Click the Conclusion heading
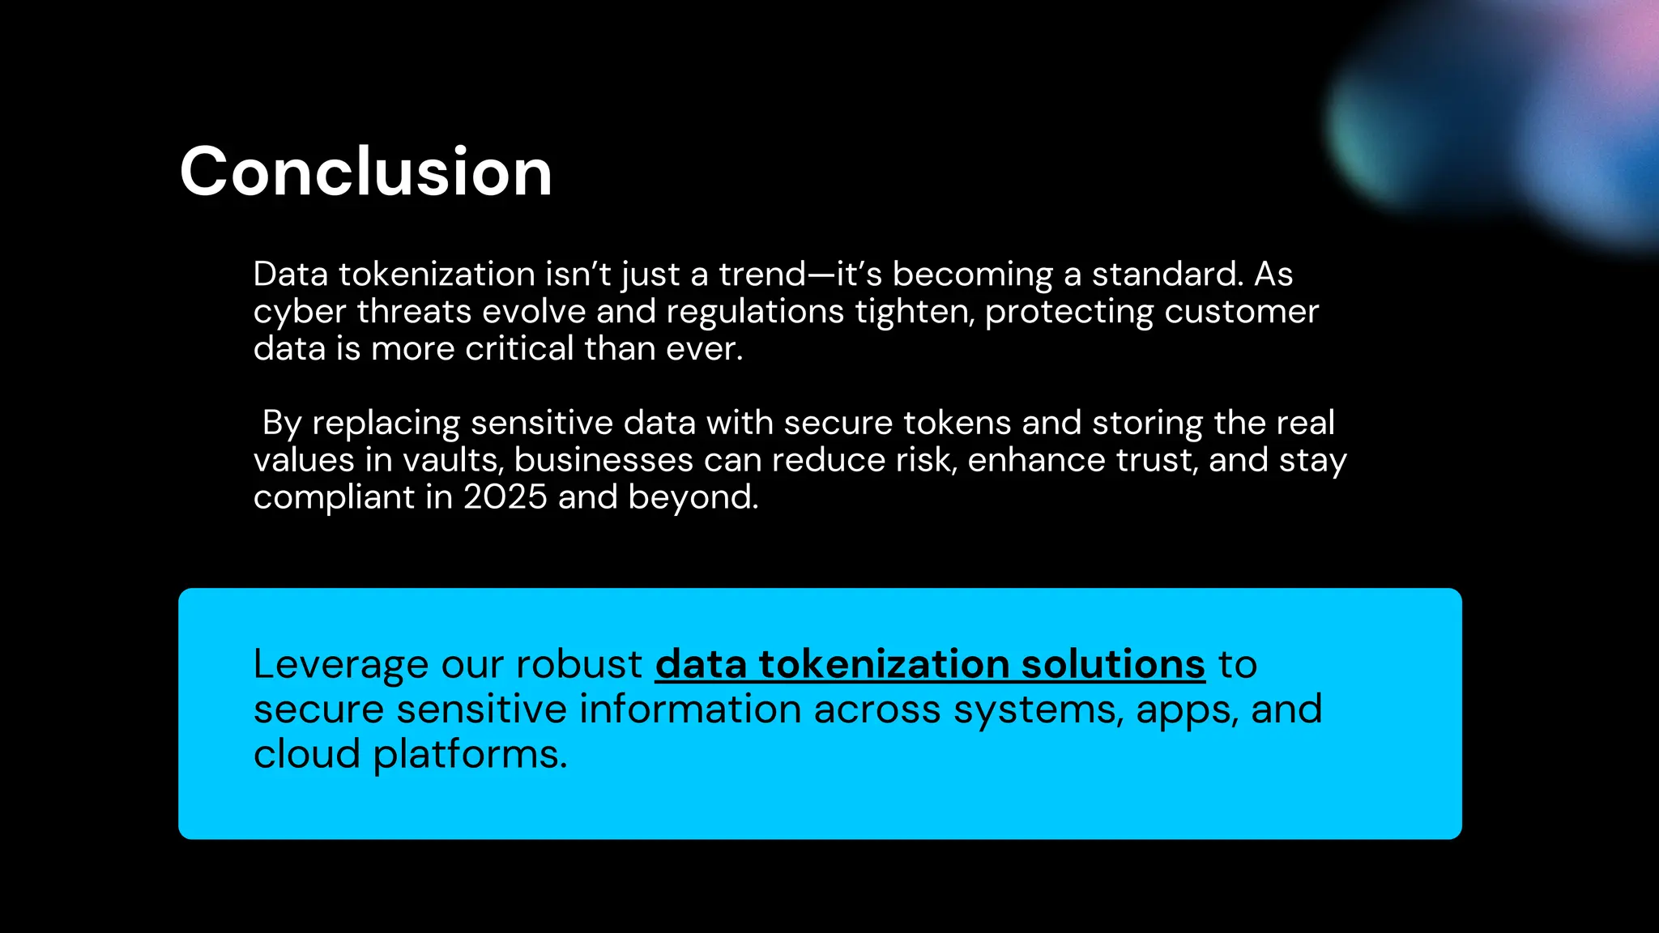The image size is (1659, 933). [366, 172]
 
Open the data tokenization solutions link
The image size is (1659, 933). [930, 664]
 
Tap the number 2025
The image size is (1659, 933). [505, 496]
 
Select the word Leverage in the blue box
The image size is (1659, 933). [340, 665]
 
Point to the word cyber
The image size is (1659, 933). [299, 312]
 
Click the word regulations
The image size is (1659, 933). [755, 312]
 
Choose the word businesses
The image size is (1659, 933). [603, 460]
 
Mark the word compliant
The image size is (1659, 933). [334, 497]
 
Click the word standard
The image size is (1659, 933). [1166, 275]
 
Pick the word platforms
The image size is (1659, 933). [470, 755]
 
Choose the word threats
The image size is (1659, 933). [414, 312]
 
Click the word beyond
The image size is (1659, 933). [693, 496]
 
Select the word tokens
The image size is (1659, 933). [957, 423]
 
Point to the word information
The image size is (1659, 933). [690, 709]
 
